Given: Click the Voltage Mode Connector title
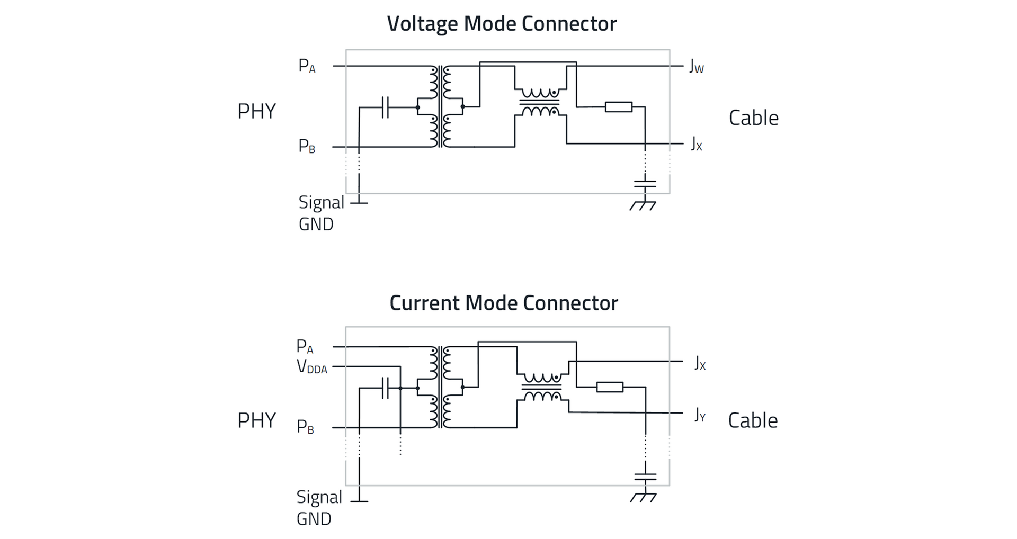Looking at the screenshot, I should [x=502, y=24].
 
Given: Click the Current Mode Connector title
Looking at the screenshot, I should [x=503, y=303].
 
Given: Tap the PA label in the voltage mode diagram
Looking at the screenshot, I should [x=307, y=66].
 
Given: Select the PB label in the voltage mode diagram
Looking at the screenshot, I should [x=307, y=146].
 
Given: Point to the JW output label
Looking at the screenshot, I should [x=696, y=67].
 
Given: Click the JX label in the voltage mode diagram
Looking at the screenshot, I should [x=696, y=144].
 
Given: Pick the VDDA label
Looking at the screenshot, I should [x=311, y=366].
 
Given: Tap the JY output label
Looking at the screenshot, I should [x=700, y=415].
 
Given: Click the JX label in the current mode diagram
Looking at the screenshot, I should [x=700, y=364].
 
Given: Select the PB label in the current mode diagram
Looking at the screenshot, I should [x=305, y=426].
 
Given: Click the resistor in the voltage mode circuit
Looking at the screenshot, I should [x=618, y=107].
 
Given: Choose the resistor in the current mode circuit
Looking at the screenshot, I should [x=610, y=387].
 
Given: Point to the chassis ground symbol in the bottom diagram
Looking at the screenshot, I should [x=644, y=497].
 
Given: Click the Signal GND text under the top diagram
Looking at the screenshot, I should [x=320, y=213].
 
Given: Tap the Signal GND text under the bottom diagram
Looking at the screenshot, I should [x=318, y=508].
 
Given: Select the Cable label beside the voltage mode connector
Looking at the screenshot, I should [x=753, y=118].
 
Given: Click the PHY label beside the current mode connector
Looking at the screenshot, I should [x=256, y=420].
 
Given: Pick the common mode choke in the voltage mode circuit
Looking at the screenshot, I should [x=540, y=102].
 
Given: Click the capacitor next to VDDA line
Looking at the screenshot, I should [x=385, y=388].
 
